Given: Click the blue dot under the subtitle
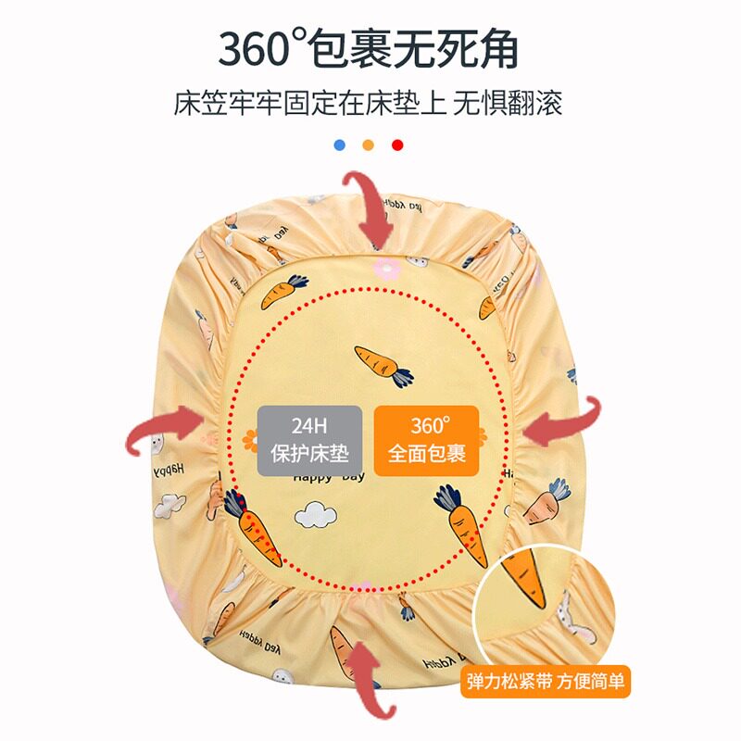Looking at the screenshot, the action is [x=340, y=144].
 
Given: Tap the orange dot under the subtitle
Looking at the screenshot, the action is [x=369, y=144].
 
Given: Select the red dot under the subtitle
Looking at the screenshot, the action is [x=397, y=144].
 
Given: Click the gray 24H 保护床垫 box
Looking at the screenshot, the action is [x=308, y=441].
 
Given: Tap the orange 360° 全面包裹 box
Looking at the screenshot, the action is [x=426, y=441].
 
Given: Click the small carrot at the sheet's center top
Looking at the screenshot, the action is [x=383, y=364].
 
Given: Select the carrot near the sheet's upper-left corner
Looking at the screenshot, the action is [x=283, y=292].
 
